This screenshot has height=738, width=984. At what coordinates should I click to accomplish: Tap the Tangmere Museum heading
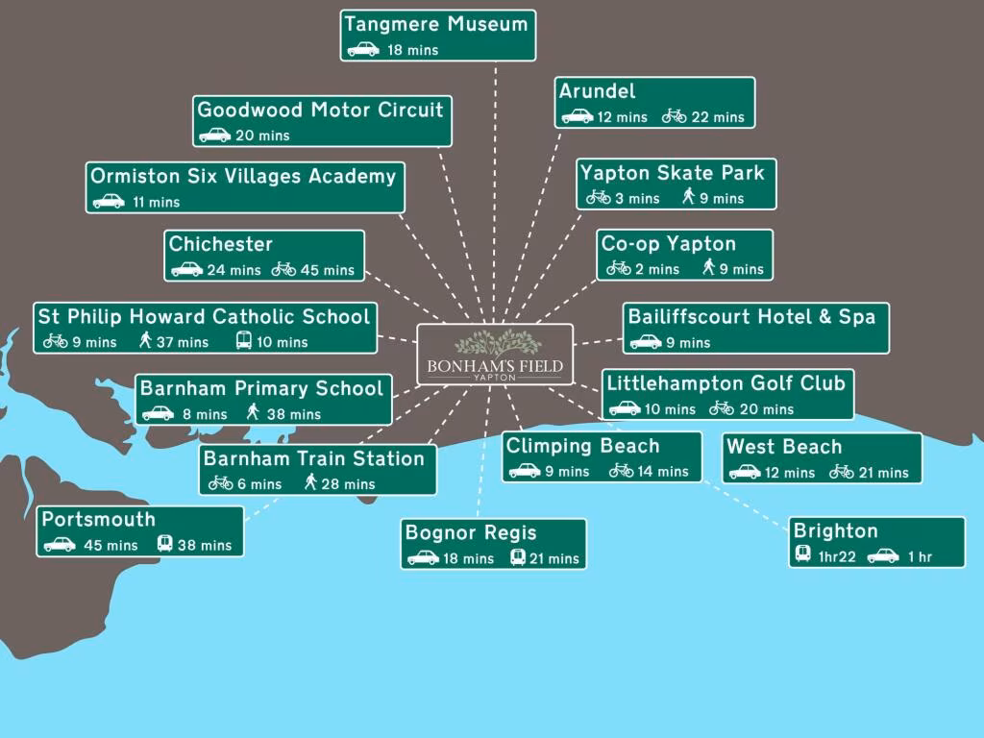[436, 24]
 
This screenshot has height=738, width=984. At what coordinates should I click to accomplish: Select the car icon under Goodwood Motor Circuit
[214, 135]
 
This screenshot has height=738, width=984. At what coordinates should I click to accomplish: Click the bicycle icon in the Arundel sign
[675, 116]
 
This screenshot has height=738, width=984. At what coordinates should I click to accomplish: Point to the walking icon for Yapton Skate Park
[688, 197]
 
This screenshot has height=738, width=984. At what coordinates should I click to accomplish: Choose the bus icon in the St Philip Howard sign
[244, 341]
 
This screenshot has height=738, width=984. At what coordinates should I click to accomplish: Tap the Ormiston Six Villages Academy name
[243, 177]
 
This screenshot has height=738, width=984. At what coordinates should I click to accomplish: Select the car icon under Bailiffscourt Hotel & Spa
[646, 342]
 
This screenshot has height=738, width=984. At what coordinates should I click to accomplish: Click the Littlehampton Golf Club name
[726, 383]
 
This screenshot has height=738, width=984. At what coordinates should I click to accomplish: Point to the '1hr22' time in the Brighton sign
[837, 556]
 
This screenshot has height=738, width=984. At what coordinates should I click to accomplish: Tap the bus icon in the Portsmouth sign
[164, 544]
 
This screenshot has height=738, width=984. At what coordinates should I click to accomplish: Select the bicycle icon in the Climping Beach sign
[622, 471]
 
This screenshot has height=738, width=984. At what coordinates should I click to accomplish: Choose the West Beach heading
[784, 447]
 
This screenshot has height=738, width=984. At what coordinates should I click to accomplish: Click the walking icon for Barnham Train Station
[310, 483]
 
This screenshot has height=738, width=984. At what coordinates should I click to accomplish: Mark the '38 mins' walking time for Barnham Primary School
[298, 414]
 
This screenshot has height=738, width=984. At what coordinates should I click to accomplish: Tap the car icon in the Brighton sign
[883, 556]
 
